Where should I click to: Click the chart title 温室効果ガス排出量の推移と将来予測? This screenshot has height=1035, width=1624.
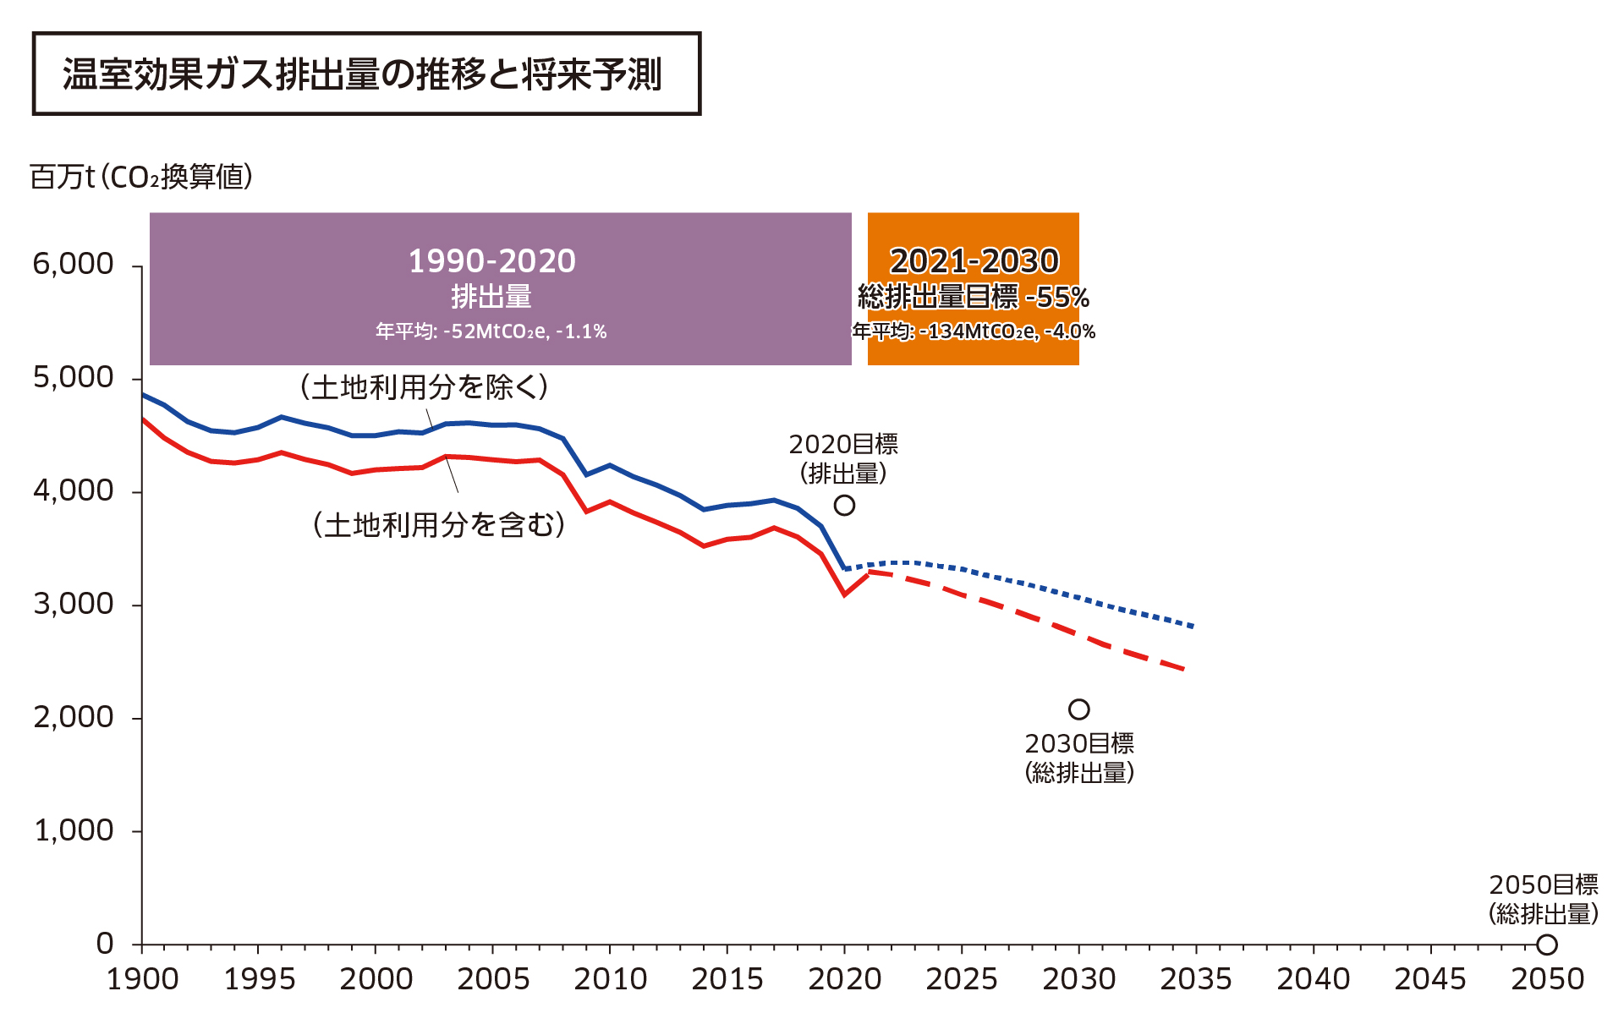pyautogui.click(x=362, y=74)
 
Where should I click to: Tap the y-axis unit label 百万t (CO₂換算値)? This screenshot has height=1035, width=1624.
pyautogui.click(x=141, y=177)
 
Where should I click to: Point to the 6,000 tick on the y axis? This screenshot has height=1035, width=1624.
pyautogui.click(x=73, y=264)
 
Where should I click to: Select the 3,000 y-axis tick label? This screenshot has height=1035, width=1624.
pyautogui.click(x=73, y=604)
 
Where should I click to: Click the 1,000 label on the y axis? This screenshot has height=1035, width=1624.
pyautogui.click(x=73, y=830)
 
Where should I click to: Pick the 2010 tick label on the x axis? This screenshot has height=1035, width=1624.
pyautogui.click(x=610, y=979)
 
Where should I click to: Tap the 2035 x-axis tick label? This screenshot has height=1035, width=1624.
pyautogui.click(x=1195, y=979)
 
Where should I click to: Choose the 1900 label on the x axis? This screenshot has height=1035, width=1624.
pyautogui.click(x=142, y=979)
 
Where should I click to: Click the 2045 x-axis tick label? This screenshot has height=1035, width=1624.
pyautogui.click(x=1429, y=979)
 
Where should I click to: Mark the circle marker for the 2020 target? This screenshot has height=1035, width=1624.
pyautogui.click(x=844, y=505)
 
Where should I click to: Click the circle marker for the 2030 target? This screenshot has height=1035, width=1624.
pyautogui.click(x=1078, y=709)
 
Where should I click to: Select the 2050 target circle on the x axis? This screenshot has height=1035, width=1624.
pyautogui.click(x=1547, y=945)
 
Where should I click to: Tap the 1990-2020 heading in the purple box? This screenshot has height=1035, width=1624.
pyautogui.click(x=491, y=260)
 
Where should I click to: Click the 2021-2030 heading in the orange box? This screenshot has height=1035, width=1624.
pyautogui.click(x=974, y=260)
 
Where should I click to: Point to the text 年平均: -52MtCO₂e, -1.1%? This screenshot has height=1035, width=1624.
pyautogui.click(x=491, y=331)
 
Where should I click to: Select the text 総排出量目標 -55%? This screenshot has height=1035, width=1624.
pyautogui.click(x=974, y=297)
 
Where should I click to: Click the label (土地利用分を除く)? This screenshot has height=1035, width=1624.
pyautogui.click(x=425, y=387)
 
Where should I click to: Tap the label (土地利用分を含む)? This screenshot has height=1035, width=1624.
pyautogui.click(x=439, y=525)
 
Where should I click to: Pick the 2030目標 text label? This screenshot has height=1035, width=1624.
pyautogui.click(x=1079, y=743)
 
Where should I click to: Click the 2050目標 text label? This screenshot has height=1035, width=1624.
pyautogui.click(x=1544, y=884)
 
